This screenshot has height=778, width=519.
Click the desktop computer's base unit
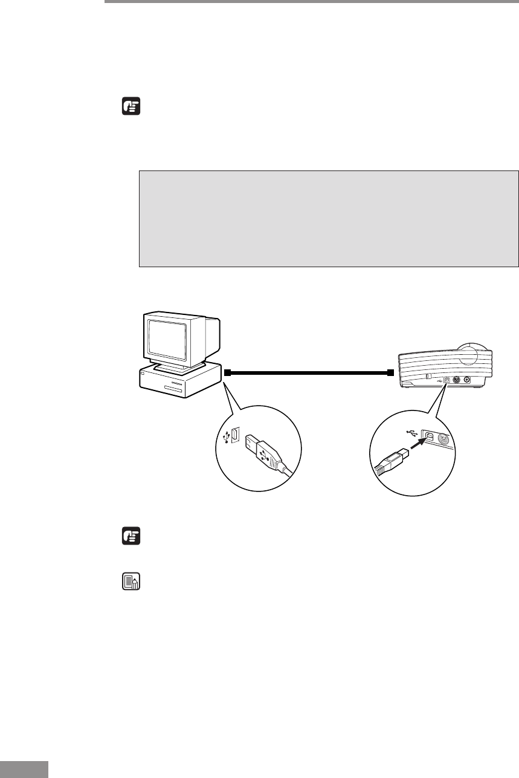coord(175,382)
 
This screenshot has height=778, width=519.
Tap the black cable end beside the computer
coord(227,373)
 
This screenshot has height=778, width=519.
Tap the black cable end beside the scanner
coord(390,373)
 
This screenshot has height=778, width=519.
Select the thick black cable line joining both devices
coord(308,373)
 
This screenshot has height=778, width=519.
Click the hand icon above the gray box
coord(131,108)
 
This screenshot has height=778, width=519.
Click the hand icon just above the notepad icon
coord(131,536)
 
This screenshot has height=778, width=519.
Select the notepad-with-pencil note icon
coord(131,582)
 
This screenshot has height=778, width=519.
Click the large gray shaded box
coord(329,218)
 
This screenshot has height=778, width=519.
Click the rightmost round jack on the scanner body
coord(466,380)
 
